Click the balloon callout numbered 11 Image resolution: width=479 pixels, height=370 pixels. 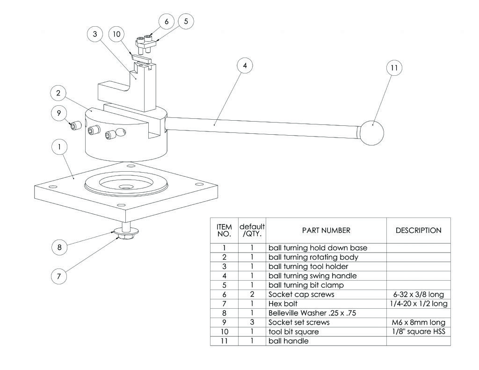pos(393,68)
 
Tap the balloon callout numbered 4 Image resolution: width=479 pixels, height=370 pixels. pos(244,66)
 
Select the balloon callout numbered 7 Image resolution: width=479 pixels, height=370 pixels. pos(58,276)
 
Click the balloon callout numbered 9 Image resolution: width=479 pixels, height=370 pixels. pos(59,113)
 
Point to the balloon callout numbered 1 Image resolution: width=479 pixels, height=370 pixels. pos(59,147)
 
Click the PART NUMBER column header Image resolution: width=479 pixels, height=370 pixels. pos(326,230)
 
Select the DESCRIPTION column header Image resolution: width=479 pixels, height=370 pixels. pos(418,230)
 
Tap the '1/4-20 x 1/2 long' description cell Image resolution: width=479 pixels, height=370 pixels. pos(418,304)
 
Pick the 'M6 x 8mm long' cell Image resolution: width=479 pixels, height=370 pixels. pos(418,322)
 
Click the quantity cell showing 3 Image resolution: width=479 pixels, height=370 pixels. pos(252,322)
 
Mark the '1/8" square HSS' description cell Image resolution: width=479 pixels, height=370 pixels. pos(418,332)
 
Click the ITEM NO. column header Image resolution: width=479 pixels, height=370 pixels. pos(224,230)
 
